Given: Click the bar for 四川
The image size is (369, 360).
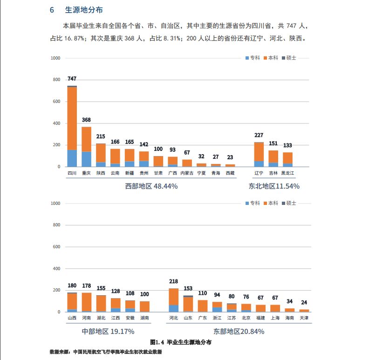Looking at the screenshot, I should [72, 126].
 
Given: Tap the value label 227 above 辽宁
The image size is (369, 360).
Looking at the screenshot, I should [259, 135].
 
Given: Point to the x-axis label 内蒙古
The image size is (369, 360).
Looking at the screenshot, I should [187, 173].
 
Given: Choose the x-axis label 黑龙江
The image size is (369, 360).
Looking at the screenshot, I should [287, 173].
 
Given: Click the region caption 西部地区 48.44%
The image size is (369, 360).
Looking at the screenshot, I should [151, 186].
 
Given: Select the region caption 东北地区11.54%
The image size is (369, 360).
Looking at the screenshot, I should [273, 186].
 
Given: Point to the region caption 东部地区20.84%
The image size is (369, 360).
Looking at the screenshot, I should [239, 331].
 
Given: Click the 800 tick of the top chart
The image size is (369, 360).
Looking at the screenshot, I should [56, 80].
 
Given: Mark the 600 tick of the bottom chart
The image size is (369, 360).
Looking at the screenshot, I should [56, 247].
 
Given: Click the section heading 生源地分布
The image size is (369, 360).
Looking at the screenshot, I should [83, 10].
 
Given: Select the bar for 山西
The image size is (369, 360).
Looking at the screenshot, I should [72, 302].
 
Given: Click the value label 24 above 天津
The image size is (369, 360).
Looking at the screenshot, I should [304, 302].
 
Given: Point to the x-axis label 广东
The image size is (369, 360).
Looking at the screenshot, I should [202, 318].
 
